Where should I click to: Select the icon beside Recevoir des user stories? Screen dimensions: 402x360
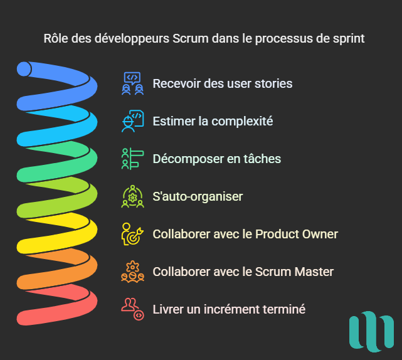132,83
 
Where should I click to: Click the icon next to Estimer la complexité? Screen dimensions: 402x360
132,121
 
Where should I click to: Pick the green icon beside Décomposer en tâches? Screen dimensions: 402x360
132,159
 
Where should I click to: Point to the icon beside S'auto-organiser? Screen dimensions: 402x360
132,196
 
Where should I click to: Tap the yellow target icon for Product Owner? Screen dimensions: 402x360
132,234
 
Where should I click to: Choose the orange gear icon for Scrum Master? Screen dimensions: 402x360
132,272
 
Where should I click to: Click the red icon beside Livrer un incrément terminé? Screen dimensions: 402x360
132,309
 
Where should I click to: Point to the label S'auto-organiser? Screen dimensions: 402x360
198,197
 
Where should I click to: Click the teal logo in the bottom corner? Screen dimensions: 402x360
371,332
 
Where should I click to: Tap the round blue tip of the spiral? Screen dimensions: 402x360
24,69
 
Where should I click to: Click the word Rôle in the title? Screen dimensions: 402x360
56,39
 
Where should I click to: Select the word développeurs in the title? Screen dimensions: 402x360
132,40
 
